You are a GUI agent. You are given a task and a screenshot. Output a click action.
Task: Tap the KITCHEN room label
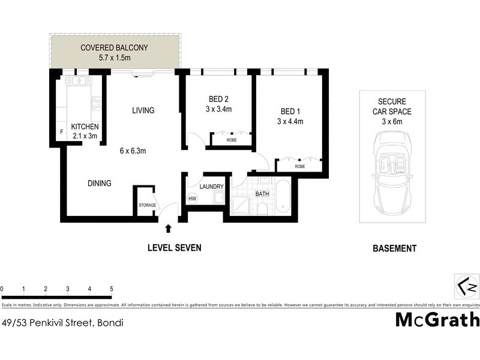pyautogui.click(x=85, y=127)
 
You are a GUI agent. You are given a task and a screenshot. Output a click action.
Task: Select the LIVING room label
pyautogui.click(x=143, y=110)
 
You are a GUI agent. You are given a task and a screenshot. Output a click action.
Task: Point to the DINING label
pyautogui.click(x=99, y=184)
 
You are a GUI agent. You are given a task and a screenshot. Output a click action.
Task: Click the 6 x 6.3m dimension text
pyautogui.click(x=133, y=151)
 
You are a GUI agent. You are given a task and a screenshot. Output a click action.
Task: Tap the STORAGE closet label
pyautogui.click(x=147, y=205)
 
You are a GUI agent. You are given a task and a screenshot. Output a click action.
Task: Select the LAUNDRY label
pyautogui.click(x=211, y=186)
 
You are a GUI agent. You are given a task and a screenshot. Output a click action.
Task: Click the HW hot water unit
pyautogui.click(x=193, y=199)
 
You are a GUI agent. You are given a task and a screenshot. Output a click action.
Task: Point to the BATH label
pyautogui.click(x=262, y=194)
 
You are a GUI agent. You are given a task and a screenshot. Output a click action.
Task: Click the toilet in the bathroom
pyautogui.click(x=262, y=208)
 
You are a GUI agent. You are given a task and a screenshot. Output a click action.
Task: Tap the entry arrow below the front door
pyautogui.click(x=168, y=228)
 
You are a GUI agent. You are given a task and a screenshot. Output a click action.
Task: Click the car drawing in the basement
pyautogui.click(x=393, y=173)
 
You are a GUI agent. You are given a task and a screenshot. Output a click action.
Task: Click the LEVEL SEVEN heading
pyautogui.click(x=175, y=248)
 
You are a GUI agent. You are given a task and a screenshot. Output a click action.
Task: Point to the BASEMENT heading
pyautogui.click(x=394, y=248)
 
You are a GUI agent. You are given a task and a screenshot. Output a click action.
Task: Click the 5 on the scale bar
pyautogui.click(x=111, y=289)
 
